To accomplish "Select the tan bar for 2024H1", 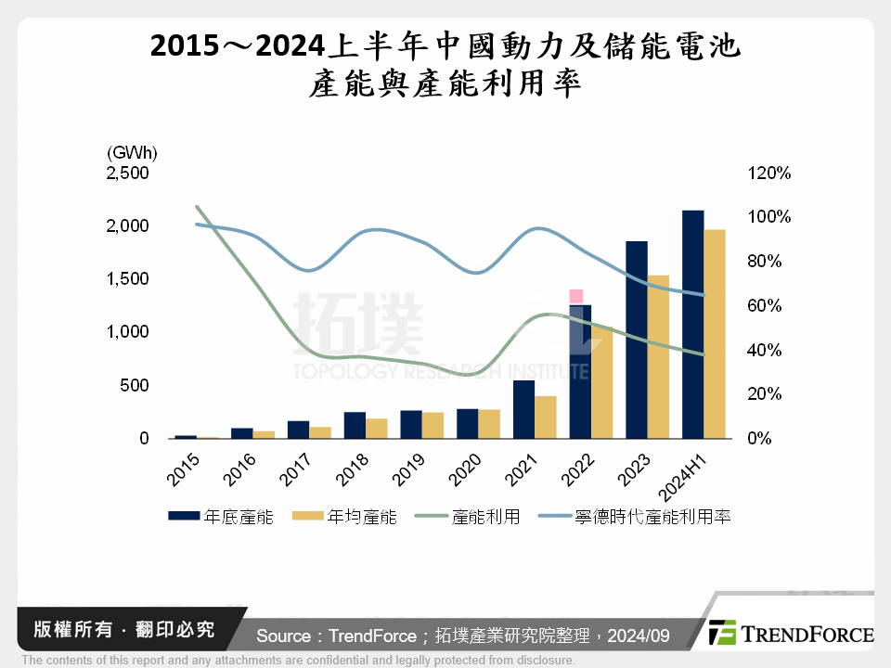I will [715, 334].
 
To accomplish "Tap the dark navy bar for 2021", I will [523, 409].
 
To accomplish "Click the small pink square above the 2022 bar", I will [576, 296].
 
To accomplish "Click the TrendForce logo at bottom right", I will [792, 633].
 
